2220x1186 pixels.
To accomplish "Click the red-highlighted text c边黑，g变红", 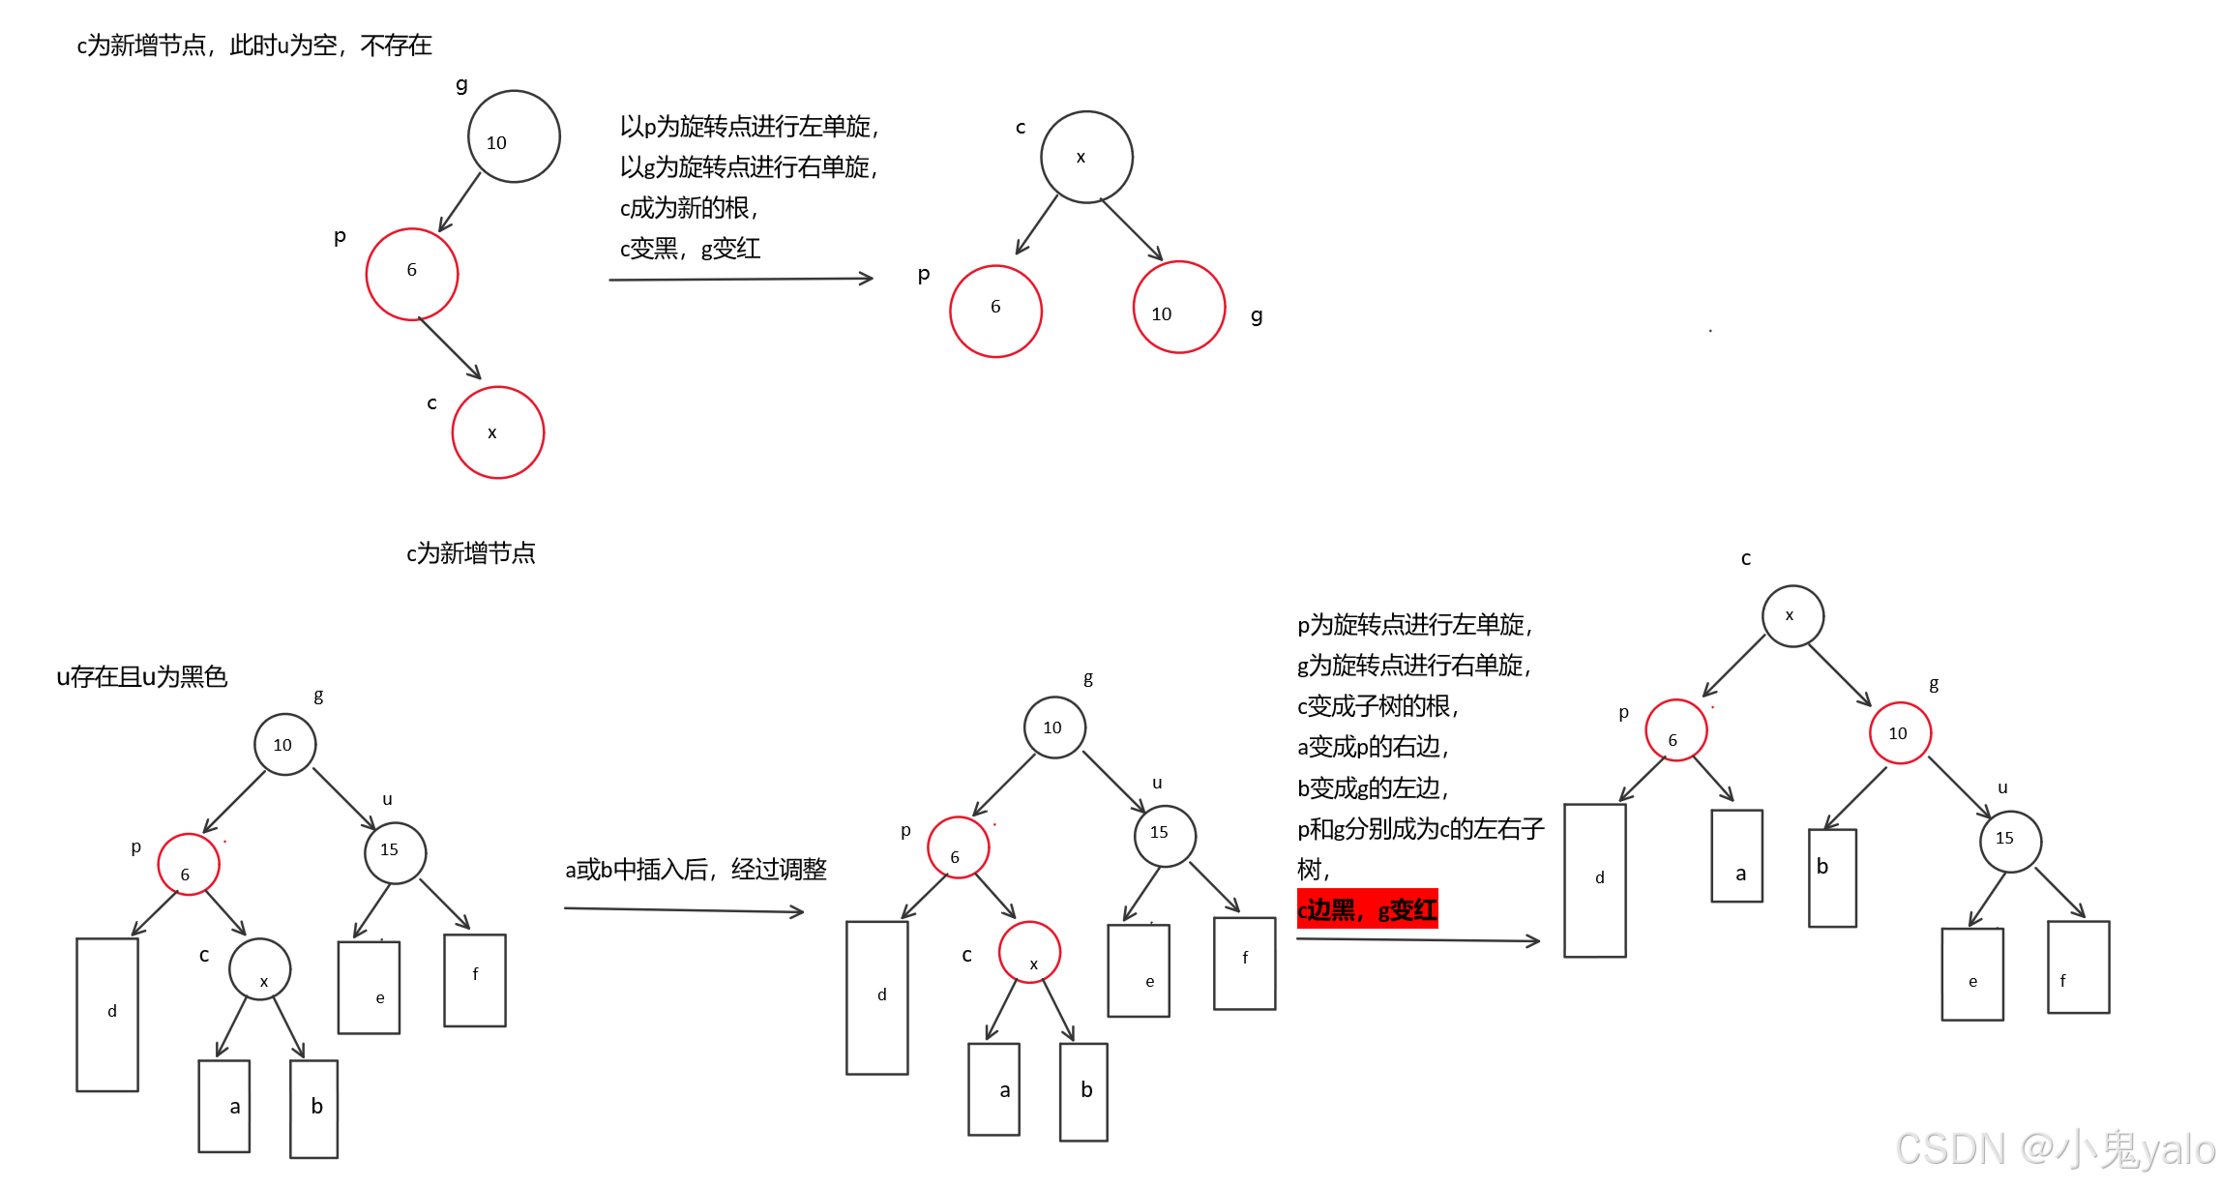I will (1367, 909).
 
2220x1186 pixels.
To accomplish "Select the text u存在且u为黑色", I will (142, 676).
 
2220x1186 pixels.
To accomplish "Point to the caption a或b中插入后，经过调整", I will (696, 869).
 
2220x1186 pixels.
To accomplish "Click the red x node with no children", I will (497, 432).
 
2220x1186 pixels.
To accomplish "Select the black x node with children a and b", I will (260, 969).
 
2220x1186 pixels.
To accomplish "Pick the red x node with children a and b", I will (1029, 953).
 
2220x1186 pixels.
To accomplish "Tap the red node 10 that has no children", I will (1179, 308).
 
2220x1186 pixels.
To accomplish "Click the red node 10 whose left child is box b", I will (1900, 733).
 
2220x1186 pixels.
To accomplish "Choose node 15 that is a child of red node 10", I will (2010, 841).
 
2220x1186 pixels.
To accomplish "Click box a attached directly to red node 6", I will (1736, 856).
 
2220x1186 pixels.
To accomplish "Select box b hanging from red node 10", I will (1832, 877).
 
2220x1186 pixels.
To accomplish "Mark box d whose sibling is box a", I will (1594, 880).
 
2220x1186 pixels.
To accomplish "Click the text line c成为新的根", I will (689, 208).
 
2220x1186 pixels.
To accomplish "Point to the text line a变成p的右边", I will (1373, 747).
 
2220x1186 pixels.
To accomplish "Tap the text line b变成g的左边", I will (1373, 788).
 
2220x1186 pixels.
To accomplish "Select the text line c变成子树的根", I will (1377, 706).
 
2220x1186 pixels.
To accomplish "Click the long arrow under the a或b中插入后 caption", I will (684, 910).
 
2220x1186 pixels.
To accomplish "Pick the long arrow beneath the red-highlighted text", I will (1417, 939).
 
